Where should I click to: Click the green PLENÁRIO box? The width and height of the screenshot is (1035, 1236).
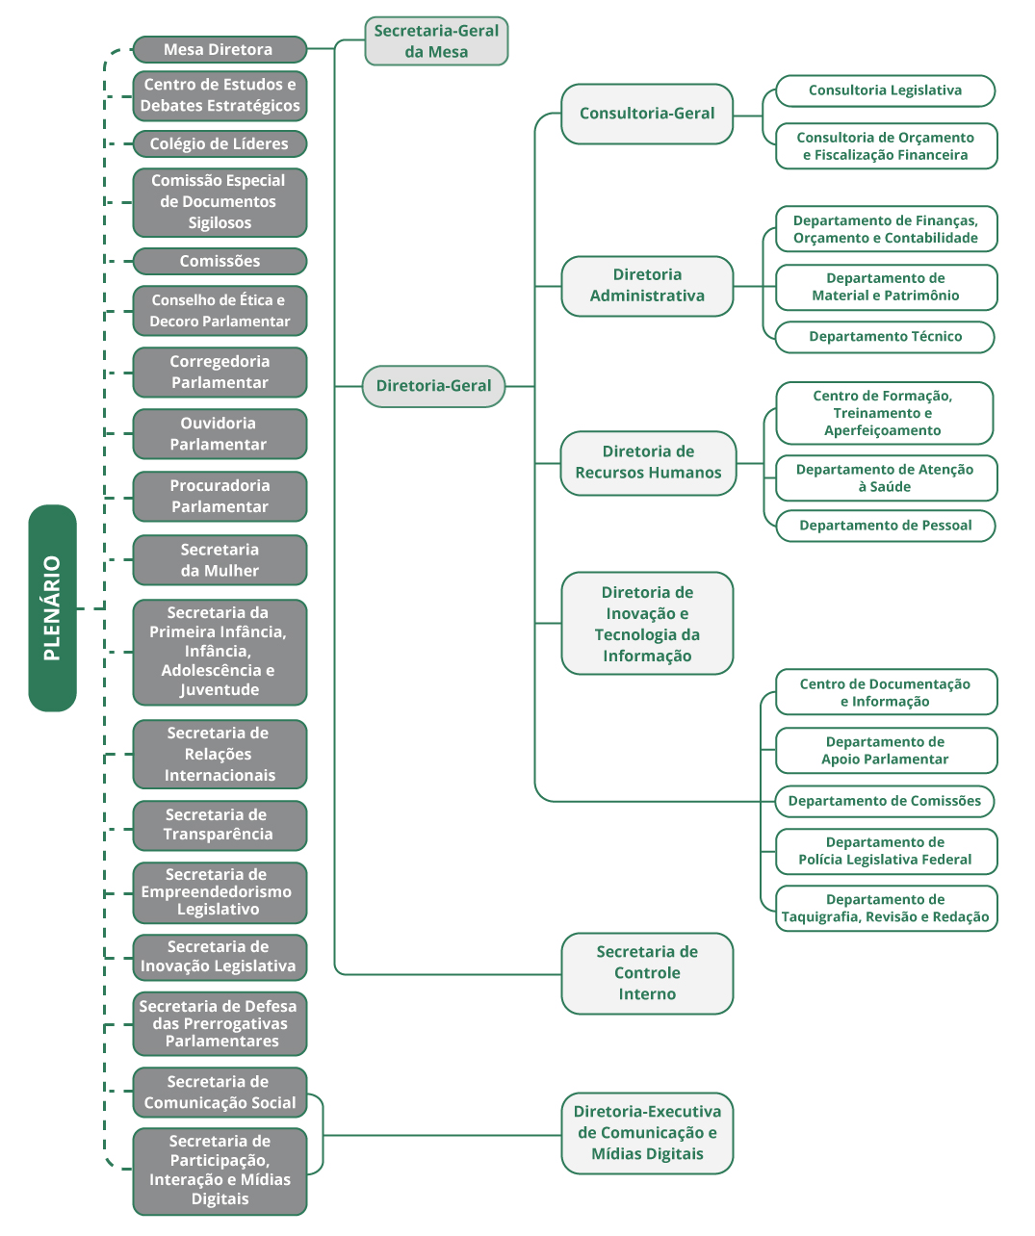[52, 607]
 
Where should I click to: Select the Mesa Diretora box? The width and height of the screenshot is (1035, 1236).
[219, 49]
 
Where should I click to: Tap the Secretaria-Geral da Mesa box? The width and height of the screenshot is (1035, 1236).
[436, 41]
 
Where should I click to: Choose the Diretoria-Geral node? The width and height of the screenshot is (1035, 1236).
[433, 386]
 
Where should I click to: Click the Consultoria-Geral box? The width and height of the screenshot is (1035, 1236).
[647, 114]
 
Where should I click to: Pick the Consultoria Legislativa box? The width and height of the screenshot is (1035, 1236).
[885, 90]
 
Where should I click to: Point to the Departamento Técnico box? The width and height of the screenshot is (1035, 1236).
[885, 337]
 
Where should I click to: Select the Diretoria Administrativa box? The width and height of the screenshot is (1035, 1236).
[647, 286]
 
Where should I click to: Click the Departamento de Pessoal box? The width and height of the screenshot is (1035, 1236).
[885, 526]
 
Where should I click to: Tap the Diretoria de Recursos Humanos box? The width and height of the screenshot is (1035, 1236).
[648, 463]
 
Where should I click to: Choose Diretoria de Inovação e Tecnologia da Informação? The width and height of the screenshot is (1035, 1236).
[647, 624]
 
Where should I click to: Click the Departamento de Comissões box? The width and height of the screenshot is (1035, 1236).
[885, 801]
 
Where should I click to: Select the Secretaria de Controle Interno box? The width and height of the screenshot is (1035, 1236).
[647, 973]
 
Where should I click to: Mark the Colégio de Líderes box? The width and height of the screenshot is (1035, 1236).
[220, 143]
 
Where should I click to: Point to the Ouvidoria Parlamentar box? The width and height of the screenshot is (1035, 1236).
[220, 434]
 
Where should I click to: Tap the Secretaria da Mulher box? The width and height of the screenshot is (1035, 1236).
[220, 560]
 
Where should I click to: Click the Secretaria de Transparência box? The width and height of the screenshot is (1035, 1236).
[220, 825]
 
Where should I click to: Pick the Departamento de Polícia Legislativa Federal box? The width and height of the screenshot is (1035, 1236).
[885, 851]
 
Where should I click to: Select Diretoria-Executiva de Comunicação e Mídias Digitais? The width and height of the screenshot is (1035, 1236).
[647, 1133]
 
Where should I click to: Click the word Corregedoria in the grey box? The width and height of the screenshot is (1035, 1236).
[220, 362]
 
